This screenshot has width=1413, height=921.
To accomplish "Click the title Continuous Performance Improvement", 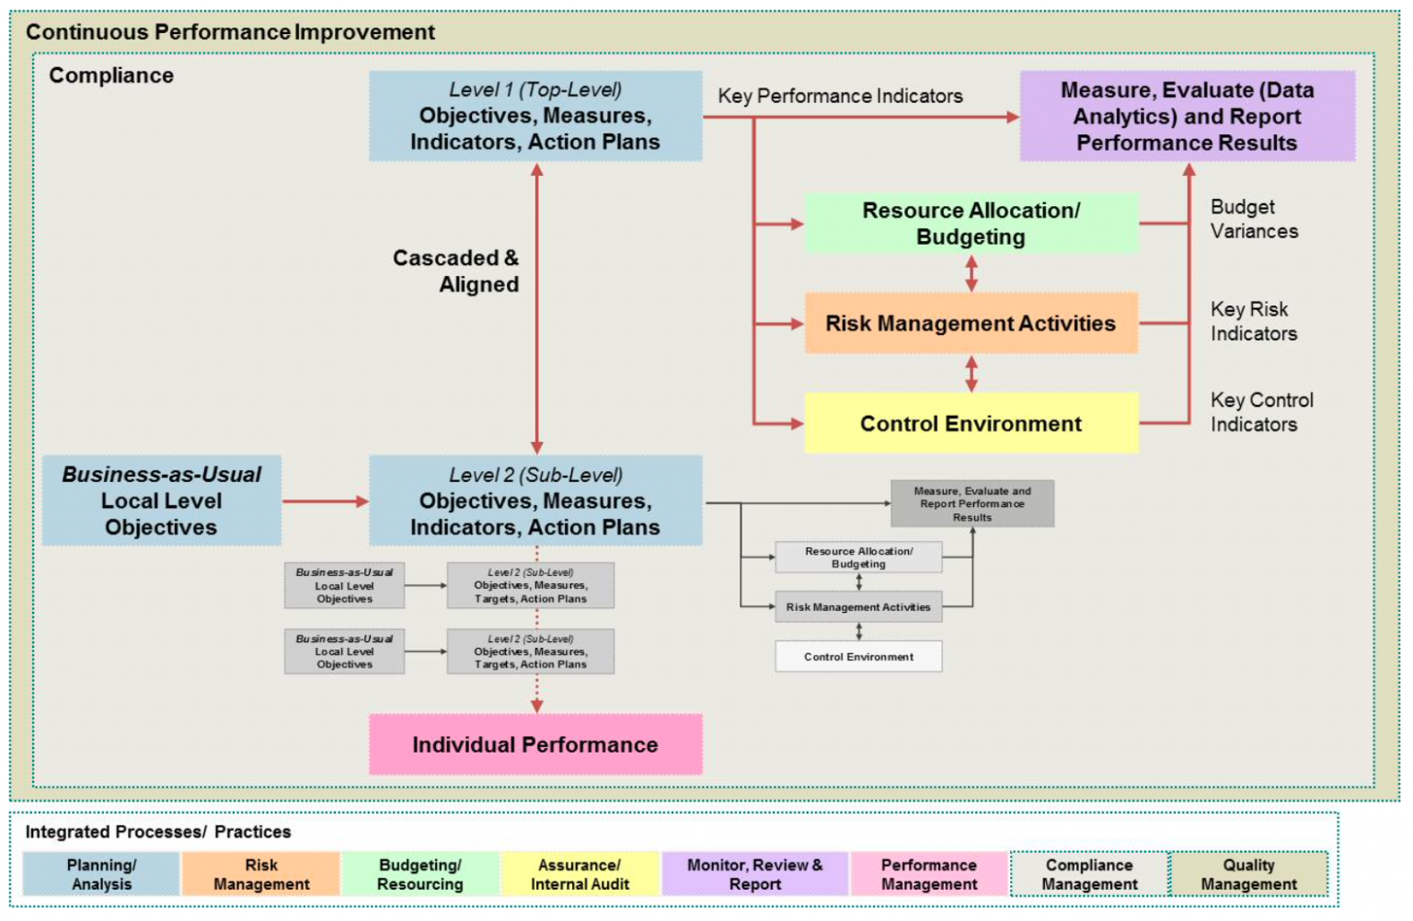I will coord(230,32).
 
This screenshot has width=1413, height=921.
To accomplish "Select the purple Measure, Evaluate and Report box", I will coord(1187,117).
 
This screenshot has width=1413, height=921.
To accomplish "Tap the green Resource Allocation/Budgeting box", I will coord(971,224).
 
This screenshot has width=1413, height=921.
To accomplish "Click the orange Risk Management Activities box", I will coord(971,324).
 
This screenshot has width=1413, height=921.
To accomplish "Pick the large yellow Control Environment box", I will coord(971,423).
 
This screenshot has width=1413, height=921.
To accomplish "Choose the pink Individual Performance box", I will coord(535,744).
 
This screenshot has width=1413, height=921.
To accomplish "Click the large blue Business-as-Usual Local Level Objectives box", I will coord(162,501).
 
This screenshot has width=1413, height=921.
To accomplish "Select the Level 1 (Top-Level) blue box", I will coord(535,117).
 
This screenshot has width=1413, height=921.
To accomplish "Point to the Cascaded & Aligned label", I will coord(456,271).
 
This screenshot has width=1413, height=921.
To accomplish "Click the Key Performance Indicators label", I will coord(840,96).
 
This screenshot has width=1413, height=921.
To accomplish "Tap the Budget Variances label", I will coord(1254,219).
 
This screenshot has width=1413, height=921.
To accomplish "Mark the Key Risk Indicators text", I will coord(1253,321).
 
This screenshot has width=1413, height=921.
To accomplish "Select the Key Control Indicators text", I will coord(1261,412).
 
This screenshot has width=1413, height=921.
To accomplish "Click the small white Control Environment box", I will coord(858,657).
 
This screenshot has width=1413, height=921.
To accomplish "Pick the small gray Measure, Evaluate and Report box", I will coord(972,504).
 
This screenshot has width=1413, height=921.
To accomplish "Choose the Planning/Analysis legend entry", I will coord(101,874).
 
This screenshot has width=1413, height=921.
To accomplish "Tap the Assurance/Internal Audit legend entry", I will coord(580,874).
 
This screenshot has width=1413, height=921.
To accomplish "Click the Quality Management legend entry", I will coord(1248,874).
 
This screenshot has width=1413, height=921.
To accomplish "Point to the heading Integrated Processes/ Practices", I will coord(158,832).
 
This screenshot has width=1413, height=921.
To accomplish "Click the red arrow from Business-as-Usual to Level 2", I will coord(325,501).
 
